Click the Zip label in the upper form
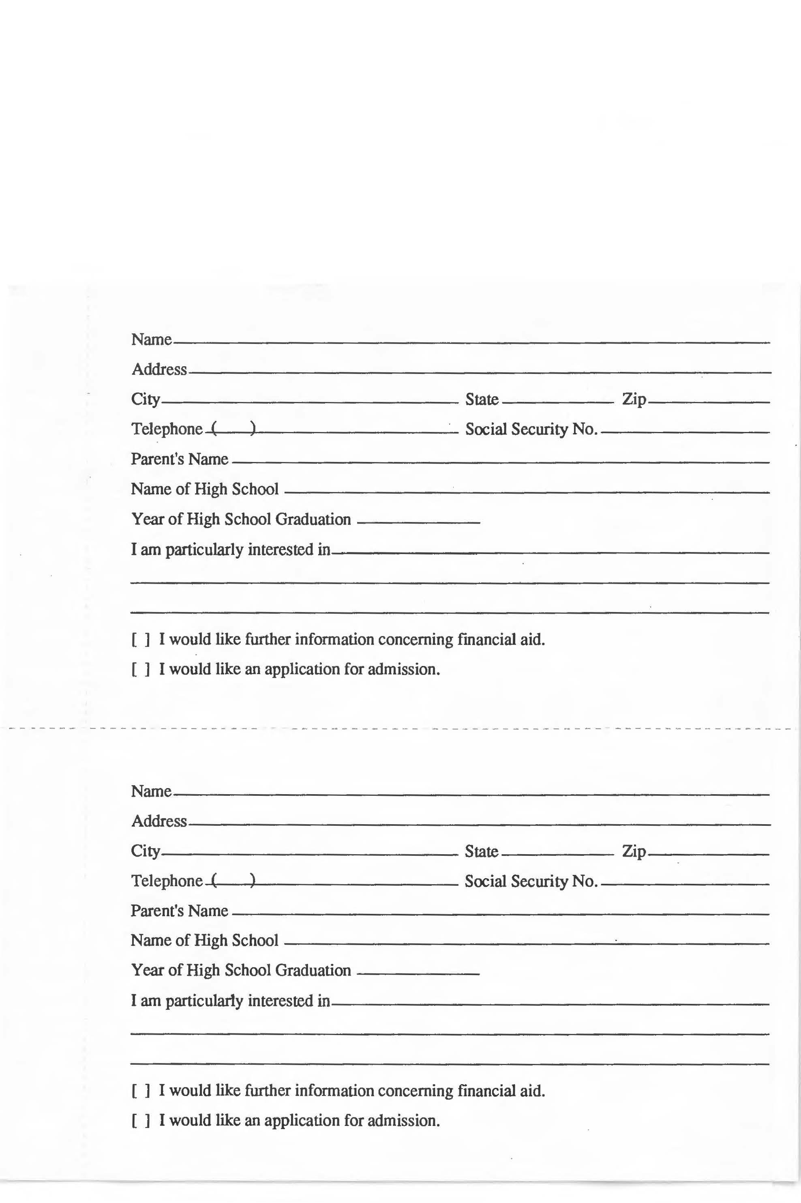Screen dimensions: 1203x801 [x=634, y=400]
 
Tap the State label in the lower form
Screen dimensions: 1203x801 [x=481, y=851]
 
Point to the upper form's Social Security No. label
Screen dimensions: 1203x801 [x=531, y=429]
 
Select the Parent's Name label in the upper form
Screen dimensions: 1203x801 [x=179, y=459]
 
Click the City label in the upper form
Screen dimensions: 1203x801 [x=146, y=400]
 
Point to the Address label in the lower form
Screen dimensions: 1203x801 [x=159, y=821]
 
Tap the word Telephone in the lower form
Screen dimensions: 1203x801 [x=167, y=881]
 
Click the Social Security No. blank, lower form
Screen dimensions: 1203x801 [x=685, y=882]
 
